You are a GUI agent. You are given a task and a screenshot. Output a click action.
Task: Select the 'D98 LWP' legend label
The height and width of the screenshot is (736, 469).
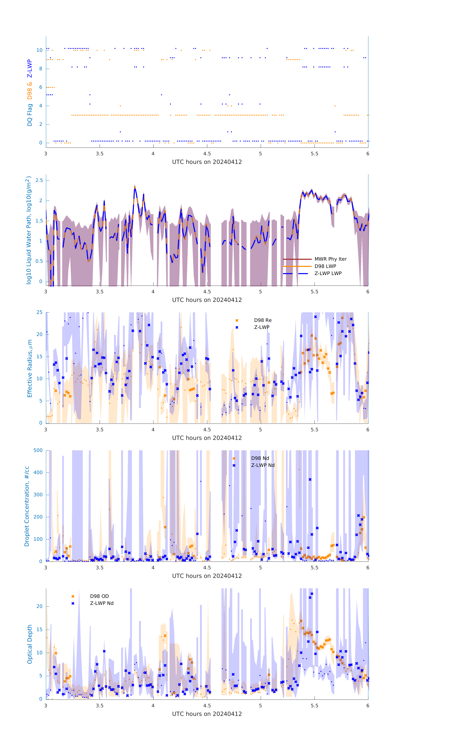click(325, 266)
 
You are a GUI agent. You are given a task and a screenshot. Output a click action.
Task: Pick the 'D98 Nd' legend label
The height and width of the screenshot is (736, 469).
click(260, 458)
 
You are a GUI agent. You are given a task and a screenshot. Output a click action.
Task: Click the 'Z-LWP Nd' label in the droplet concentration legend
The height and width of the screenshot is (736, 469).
click(263, 465)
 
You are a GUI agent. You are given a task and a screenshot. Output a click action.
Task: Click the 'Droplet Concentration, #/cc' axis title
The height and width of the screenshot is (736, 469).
click(27, 506)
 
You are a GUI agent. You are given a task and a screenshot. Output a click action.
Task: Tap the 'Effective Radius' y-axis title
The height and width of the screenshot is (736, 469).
click(30, 368)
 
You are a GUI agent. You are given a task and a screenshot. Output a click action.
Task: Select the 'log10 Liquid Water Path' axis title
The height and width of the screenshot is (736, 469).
click(28, 230)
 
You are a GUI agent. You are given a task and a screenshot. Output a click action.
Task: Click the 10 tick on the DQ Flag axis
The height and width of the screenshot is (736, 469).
click(39, 50)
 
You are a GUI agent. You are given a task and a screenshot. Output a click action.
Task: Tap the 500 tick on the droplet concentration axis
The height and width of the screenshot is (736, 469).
click(38, 450)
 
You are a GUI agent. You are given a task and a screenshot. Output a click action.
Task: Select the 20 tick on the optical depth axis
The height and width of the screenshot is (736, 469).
click(39, 606)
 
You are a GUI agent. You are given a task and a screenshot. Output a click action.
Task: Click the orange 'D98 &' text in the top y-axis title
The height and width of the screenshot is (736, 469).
click(30, 91)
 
